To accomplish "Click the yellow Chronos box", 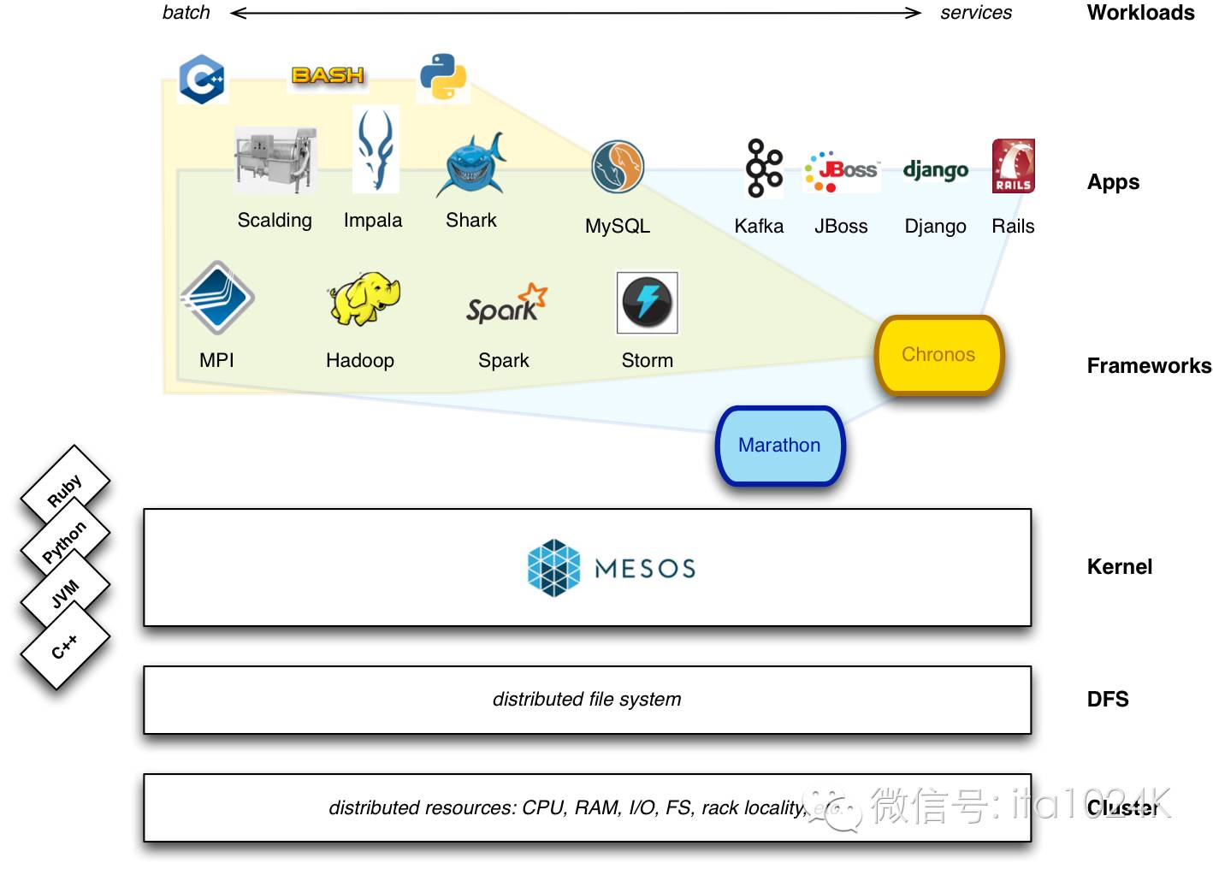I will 938,355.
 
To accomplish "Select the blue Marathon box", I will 779,446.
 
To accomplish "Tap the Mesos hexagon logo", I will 553,568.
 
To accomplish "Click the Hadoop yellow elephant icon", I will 364,299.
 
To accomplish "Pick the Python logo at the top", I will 443,77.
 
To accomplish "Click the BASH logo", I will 328,75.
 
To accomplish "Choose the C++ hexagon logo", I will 203,80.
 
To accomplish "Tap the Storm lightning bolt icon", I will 648,303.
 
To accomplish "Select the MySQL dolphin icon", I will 617,167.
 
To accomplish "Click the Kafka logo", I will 763,168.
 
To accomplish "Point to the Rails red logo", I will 1013,166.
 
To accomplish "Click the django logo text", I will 935,170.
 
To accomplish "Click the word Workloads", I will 1140,13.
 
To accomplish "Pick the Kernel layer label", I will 1119,567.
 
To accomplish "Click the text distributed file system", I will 587,700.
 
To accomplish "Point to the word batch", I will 186,13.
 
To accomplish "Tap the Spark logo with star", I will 506,304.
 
